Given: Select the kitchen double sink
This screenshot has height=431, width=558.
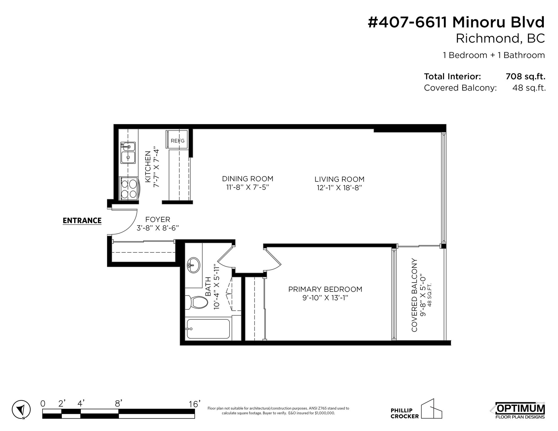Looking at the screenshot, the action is pos(128,153).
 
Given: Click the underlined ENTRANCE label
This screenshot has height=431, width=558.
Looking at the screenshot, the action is pos(82,221).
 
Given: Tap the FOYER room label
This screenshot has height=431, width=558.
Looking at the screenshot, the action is pos(158,220).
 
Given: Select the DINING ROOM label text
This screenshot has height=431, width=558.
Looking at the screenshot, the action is pos(248,179).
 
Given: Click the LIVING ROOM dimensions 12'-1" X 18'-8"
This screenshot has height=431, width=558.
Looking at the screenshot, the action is pos(339,188).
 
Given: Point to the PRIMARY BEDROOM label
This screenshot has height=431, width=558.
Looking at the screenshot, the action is pos(325,289).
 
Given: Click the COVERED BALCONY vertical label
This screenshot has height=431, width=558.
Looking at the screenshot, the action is pos(414,295).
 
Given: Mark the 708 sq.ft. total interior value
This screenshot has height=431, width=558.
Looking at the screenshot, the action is pos(525,76).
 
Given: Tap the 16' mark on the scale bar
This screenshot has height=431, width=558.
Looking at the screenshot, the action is pos(194,404).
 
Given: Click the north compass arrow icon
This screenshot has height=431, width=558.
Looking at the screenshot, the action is pos(21,410).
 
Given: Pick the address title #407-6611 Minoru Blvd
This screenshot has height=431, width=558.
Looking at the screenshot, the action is pos(456,22).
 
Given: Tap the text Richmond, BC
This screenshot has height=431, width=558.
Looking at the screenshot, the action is pos(500,39).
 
